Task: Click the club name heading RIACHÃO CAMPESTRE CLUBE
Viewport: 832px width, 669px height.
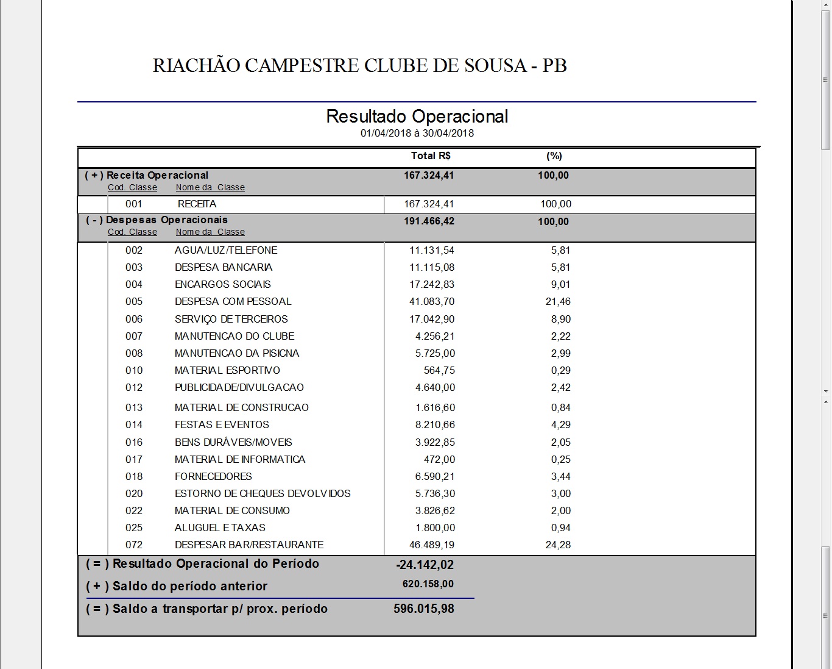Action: click(359, 65)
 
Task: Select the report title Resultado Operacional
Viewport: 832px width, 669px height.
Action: click(417, 116)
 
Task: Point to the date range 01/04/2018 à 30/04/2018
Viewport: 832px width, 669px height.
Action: click(417, 133)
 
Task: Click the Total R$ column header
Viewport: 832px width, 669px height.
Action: click(431, 156)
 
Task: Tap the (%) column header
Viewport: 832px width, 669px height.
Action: click(554, 156)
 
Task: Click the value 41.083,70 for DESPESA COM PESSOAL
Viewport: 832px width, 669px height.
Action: click(432, 301)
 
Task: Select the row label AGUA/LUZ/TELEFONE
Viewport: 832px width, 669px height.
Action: click(226, 250)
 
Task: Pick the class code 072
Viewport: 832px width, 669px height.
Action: click(134, 545)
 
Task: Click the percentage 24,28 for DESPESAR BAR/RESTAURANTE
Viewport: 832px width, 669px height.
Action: click(558, 545)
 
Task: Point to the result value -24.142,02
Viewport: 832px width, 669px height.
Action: click(425, 565)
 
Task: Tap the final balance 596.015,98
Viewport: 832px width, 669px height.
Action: click(424, 609)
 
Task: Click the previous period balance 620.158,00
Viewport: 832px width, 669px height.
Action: click(428, 584)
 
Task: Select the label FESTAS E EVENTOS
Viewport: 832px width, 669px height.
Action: click(222, 424)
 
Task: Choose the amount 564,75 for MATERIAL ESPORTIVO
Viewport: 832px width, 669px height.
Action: click(439, 370)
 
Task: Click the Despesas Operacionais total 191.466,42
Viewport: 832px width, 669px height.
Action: click(429, 221)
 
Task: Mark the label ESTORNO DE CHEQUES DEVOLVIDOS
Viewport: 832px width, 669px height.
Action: click(263, 493)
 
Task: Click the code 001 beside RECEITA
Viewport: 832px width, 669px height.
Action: click(134, 204)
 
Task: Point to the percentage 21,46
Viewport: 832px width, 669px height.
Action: click(558, 301)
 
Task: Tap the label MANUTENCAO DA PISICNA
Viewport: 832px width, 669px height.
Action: click(237, 353)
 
